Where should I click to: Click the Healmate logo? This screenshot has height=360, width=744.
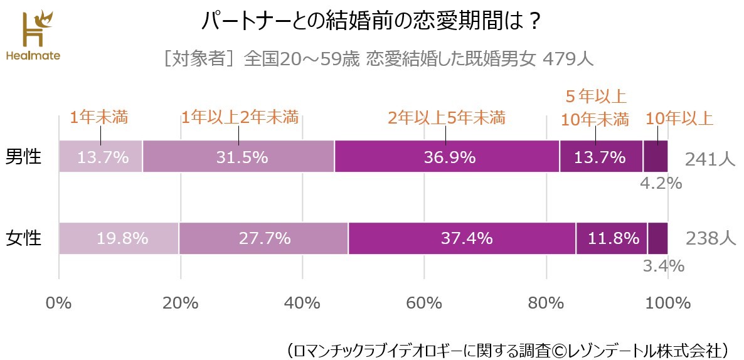point(33,35)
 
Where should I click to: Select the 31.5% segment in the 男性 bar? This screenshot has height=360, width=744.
point(238,157)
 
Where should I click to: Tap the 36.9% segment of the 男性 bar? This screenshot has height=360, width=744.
point(447,157)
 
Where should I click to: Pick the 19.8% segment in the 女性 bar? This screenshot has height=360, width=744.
point(119,238)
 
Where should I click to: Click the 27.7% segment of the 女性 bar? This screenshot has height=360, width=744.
point(263,238)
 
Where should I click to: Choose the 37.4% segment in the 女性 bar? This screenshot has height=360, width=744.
point(462,238)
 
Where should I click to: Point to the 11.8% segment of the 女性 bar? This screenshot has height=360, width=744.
point(612,238)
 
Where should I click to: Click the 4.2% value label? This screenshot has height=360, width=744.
point(661,184)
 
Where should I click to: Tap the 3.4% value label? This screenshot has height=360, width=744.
point(663,266)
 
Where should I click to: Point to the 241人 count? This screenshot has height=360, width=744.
point(709,159)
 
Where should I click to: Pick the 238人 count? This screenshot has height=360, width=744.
point(709,239)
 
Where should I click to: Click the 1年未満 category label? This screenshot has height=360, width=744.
point(98,117)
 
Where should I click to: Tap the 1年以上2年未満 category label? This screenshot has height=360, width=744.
point(239,117)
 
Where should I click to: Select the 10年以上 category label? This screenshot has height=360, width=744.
point(679,118)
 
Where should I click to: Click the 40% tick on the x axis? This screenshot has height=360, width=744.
point(302,303)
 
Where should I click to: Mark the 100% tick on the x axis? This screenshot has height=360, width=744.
point(667,303)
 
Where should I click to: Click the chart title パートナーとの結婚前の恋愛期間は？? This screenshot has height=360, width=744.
point(371,22)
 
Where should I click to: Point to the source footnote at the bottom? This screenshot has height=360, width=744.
point(506,348)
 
